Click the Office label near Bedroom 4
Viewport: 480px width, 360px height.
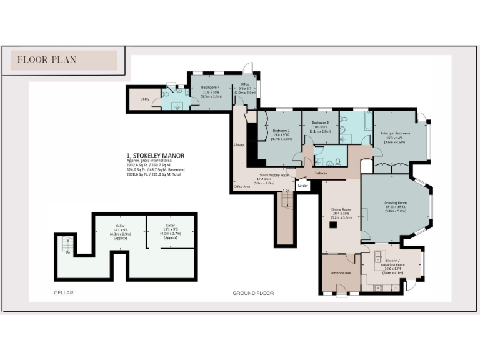coord(244,85)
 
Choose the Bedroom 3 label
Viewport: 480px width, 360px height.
coord(320,122)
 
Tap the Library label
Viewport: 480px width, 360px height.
coord(238,145)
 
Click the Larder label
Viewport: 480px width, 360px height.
coord(303,186)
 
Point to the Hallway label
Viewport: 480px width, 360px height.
coord(321,173)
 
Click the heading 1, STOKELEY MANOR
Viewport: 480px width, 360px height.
coord(156,155)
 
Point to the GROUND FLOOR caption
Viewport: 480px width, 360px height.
coord(253,292)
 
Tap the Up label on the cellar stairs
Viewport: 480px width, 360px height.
coord(67,252)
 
